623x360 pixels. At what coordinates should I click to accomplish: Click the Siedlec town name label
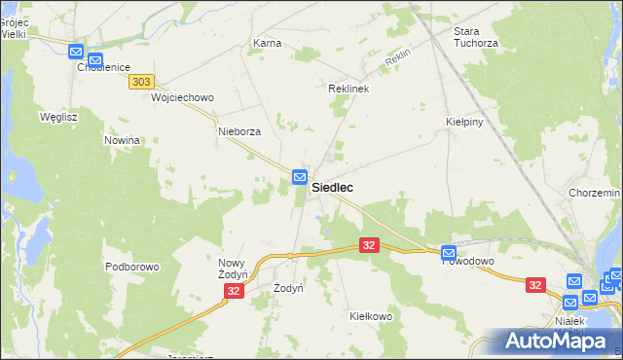[x=332, y=188]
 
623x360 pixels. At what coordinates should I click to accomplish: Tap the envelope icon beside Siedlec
[x=300, y=177]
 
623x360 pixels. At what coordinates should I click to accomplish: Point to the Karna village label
[x=267, y=44]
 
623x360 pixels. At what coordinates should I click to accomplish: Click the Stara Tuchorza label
[x=475, y=37]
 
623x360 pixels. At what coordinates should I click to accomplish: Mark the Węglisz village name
[x=57, y=117]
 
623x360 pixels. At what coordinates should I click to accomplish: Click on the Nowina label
[x=123, y=140]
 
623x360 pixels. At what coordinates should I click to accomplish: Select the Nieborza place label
[x=239, y=131]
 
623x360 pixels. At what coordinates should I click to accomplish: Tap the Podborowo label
[x=131, y=267]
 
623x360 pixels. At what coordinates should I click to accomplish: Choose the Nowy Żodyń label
[x=236, y=270]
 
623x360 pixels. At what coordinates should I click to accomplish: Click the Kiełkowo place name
[x=370, y=316]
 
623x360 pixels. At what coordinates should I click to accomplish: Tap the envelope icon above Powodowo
[x=448, y=251]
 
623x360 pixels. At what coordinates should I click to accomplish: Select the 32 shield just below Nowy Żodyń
[x=233, y=291]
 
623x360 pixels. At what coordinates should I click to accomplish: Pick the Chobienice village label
[x=103, y=67]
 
